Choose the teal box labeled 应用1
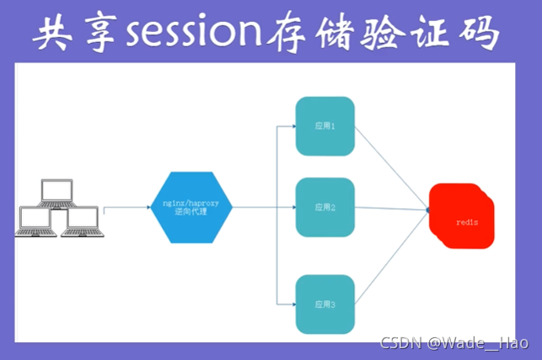[x=325, y=126]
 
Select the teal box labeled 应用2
[x=325, y=207]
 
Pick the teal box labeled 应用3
[x=325, y=303]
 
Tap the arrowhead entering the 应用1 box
[x=292, y=126]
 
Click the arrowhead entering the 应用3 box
[x=292, y=303]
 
